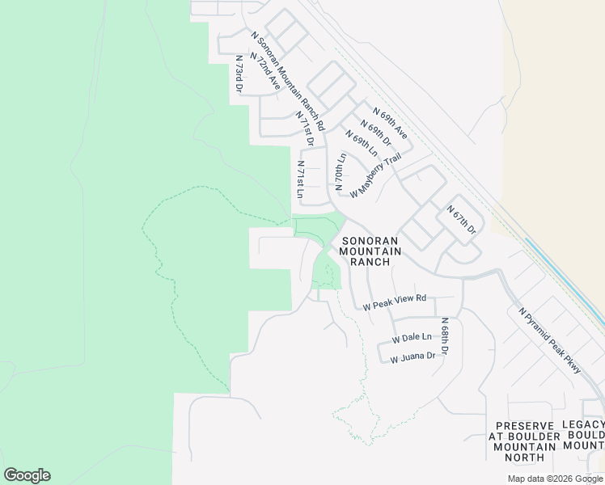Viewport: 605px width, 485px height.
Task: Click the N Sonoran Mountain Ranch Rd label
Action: tap(288, 81)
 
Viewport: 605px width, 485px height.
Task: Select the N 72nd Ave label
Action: tap(266, 71)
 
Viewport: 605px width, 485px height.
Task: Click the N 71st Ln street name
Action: tap(299, 179)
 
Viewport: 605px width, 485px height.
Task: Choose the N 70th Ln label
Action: tap(341, 171)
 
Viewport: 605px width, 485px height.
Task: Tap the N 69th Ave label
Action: tap(388, 122)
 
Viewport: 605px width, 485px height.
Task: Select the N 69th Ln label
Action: tap(362, 144)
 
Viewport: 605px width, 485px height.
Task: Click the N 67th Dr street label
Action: tap(462, 220)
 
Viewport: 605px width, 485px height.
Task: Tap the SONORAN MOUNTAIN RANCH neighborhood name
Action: tap(370, 251)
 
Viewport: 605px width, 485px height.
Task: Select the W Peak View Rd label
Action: tap(394, 303)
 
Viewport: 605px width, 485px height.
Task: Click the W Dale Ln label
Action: tap(412, 338)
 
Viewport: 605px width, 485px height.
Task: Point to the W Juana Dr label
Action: tap(412, 356)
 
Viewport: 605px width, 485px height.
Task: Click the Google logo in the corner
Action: tap(27, 475)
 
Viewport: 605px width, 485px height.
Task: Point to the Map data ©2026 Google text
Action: tap(555, 479)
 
